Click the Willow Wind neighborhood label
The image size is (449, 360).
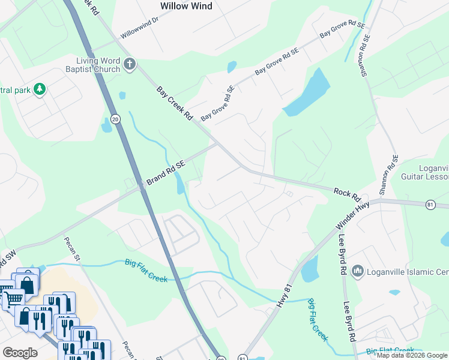click(x=186, y=6)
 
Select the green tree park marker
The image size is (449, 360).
click(x=40, y=89)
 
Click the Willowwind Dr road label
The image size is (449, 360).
click(x=139, y=28)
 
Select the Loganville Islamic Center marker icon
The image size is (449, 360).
click(x=358, y=272)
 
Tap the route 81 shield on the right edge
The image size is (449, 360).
click(x=430, y=205)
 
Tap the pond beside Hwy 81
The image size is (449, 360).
click(x=309, y=271)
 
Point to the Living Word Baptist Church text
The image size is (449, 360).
click(x=98, y=65)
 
